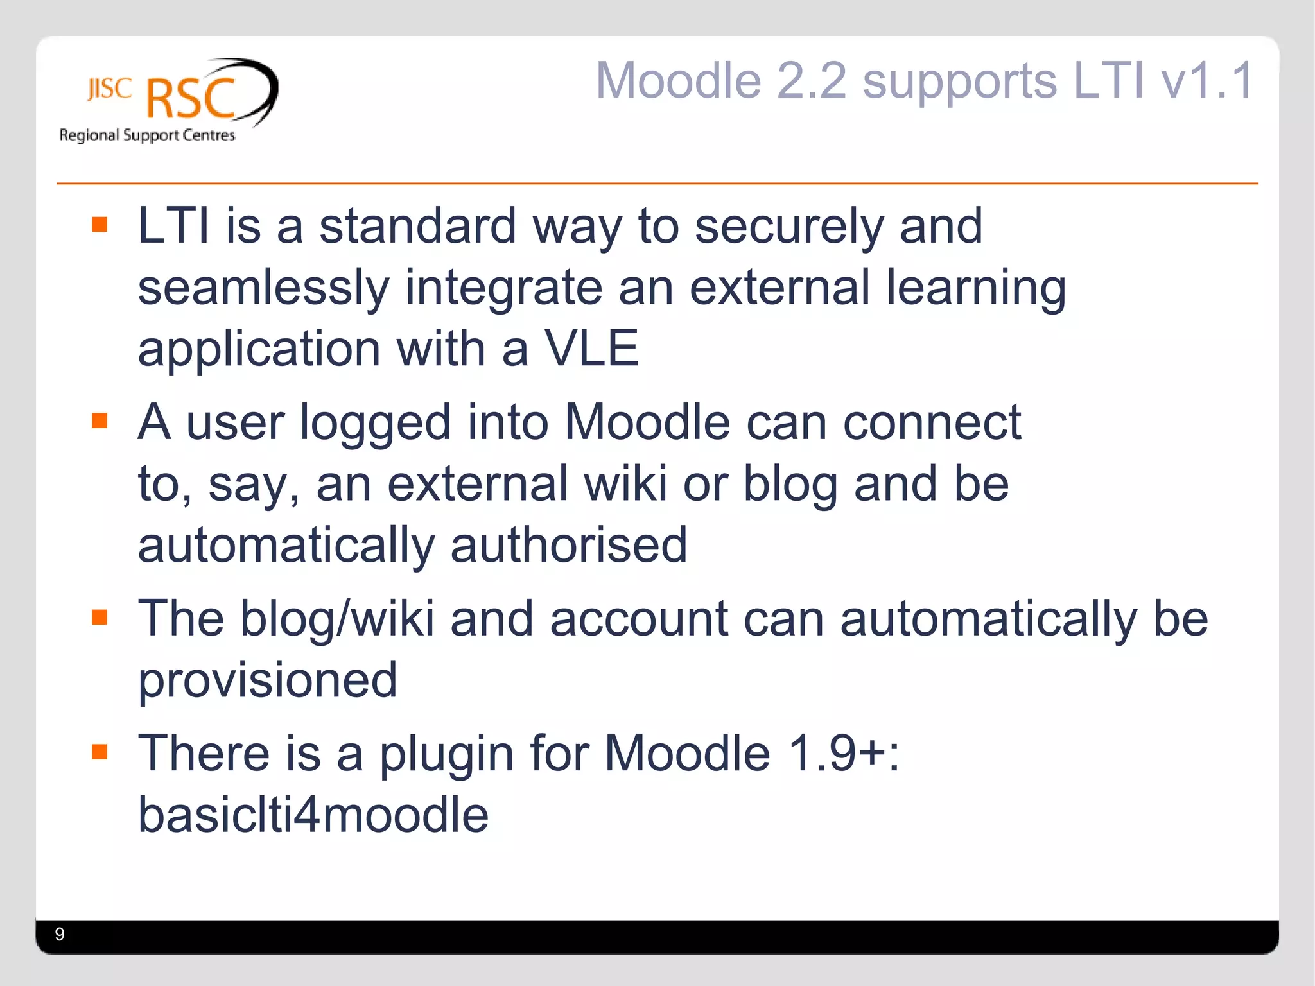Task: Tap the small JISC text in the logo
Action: pyautogui.click(x=110, y=89)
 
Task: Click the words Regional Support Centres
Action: pyautogui.click(x=147, y=135)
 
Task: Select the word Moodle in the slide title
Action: pyautogui.click(x=678, y=80)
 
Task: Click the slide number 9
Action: pyautogui.click(x=60, y=934)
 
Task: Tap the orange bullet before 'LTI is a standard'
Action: pyautogui.click(x=100, y=224)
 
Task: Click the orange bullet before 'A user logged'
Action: pyautogui.click(x=100, y=420)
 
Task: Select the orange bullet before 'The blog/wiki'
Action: pyautogui.click(x=100, y=617)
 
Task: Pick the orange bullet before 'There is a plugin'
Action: pyautogui.click(x=100, y=751)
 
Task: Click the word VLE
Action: pyautogui.click(x=591, y=349)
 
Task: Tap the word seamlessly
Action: pyautogui.click(x=263, y=289)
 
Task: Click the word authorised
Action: pyautogui.click(x=568, y=545)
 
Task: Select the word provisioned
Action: pyautogui.click(x=268, y=680)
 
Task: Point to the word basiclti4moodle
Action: pyautogui.click(x=313, y=815)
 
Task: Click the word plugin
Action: pyautogui.click(x=446, y=754)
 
